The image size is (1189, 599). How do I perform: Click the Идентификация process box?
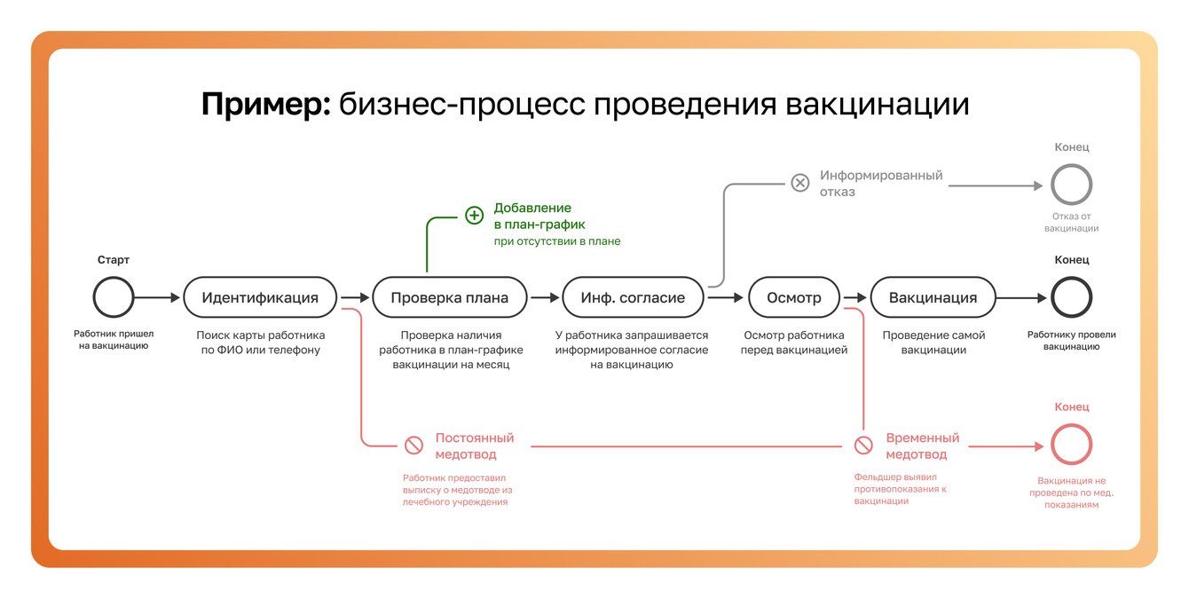[x=260, y=298]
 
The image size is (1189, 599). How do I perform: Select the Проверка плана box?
[x=450, y=298]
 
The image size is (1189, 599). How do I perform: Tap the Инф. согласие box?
[x=633, y=298]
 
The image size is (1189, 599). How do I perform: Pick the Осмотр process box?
[x=794, y=298]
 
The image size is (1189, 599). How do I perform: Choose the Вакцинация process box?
[x=933, y=298]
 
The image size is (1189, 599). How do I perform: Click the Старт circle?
[x=114, y=298]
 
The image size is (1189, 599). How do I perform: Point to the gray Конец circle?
[x=1071, y=185]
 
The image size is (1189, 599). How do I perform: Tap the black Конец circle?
[x=1071, y=298]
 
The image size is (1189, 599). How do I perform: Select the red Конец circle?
[x=1071, y=445]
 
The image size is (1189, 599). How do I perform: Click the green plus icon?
[x=475, y=216]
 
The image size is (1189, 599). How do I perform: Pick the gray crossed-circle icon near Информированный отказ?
[x=800, y=183]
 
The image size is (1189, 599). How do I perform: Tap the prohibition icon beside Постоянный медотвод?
[x=413, y=445]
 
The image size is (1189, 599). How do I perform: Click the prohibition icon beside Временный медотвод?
[x=863, y=445]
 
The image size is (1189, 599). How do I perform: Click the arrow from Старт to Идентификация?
[x=158, y=298]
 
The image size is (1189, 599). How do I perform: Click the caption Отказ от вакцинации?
[x=1071, y=222]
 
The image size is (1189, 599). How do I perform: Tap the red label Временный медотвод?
[x=923, y=446]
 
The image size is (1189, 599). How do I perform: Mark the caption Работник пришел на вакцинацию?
[x=114, y=340]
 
